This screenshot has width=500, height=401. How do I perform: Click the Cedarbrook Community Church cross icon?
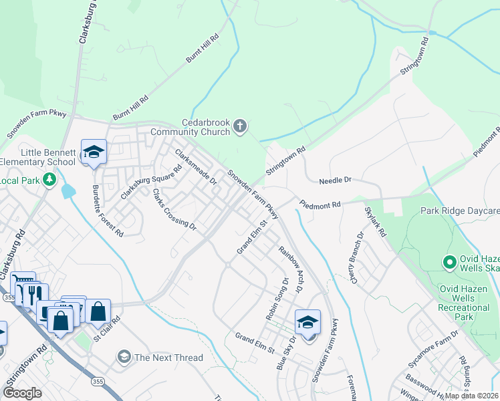[x=240, y=126]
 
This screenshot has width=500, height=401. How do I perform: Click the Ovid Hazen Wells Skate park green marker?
[x=449, y=261]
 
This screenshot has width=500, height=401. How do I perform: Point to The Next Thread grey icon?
[x=124, y=358]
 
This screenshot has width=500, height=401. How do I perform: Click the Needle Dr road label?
[x=335, y=180]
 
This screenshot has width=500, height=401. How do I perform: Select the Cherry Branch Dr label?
[x=355, y=257]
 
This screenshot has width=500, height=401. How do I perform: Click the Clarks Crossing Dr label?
[x=174, y=209]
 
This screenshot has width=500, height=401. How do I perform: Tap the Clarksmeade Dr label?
[x=196, y=167]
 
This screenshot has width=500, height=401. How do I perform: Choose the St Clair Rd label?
[x=106, y=329]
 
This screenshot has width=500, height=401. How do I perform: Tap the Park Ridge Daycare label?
[x=460, y=211]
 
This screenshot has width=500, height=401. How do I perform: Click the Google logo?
[x=23, y=393]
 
